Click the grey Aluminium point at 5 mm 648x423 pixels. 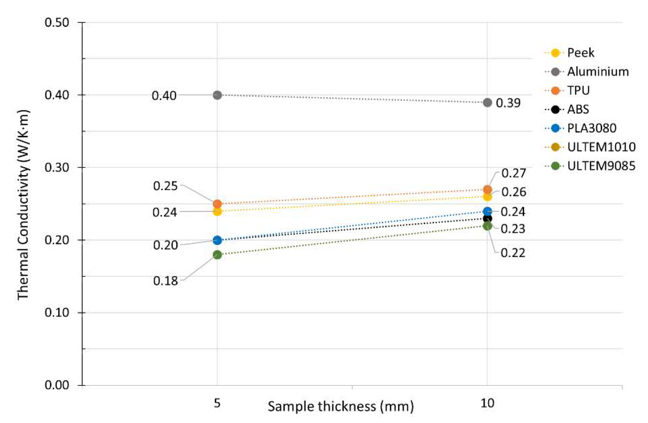click(217, 95)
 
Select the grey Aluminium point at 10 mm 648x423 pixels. click(487, 103)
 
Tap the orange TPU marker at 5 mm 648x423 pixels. click(217, 204)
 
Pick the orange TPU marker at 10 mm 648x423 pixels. click(487, 189)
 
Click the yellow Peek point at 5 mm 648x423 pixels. click(217, 211)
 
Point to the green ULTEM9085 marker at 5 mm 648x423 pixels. click(217, 255)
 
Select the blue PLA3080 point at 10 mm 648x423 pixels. click(487, 211)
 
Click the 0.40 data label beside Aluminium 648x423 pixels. click(164, 96)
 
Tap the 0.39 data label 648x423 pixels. click(508, 103)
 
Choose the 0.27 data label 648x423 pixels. click(514, 173)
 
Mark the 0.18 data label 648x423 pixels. click(165, 281)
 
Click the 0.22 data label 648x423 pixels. click(513, 253)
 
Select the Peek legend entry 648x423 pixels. click(581, 53)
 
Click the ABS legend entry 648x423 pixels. click(578, 109)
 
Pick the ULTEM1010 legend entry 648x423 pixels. click(601, 147)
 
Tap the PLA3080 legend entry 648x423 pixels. click(591, 128)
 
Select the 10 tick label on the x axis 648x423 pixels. click(487, 403)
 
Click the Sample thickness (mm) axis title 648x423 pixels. click(340, 407)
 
